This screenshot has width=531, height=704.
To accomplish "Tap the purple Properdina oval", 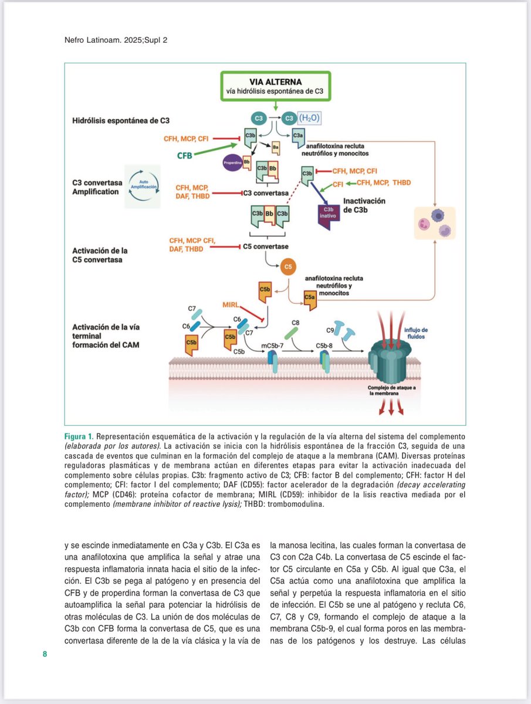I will (233, 161).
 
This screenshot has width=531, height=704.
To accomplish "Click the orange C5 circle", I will (288, 267).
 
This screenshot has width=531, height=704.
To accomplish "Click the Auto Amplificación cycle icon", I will (142, 187).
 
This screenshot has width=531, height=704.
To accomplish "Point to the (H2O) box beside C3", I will (310, 117).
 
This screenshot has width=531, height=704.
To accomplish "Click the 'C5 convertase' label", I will (266, 246).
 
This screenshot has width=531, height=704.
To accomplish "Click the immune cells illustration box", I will (434, 222).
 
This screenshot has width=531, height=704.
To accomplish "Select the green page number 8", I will (45, 654).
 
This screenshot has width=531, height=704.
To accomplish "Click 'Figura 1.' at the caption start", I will (79, 437).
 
